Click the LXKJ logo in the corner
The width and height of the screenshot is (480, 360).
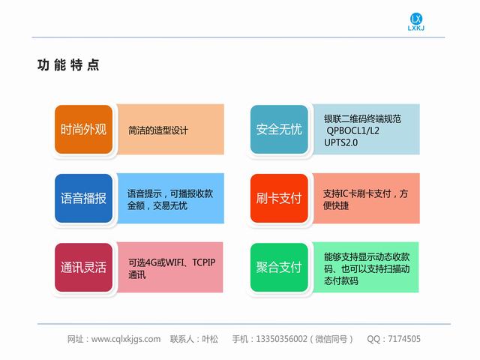[416, 22]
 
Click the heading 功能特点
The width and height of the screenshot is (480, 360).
[68, 65]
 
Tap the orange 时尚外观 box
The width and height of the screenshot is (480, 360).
[83, 130]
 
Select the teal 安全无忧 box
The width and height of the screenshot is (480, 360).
[279, 130]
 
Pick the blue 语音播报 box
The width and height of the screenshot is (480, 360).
[83, 198]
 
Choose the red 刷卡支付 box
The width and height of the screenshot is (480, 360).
[279, 198]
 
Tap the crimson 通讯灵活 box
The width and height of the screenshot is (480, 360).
[83, 267]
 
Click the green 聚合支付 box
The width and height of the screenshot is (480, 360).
[279, 267]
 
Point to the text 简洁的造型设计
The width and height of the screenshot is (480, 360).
[158, 130]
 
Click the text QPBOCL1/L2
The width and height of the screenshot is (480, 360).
[352, 130]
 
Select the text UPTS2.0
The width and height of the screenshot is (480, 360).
[340, 142]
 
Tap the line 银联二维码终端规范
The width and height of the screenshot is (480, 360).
[362, 118]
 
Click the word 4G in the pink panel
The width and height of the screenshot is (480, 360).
[151, 262]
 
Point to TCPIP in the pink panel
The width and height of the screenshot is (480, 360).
[204, 262]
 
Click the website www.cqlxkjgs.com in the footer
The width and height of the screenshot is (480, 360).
[126, 339]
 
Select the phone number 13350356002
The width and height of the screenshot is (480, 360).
[281, 339]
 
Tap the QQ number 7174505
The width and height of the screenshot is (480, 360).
[404, 339]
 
